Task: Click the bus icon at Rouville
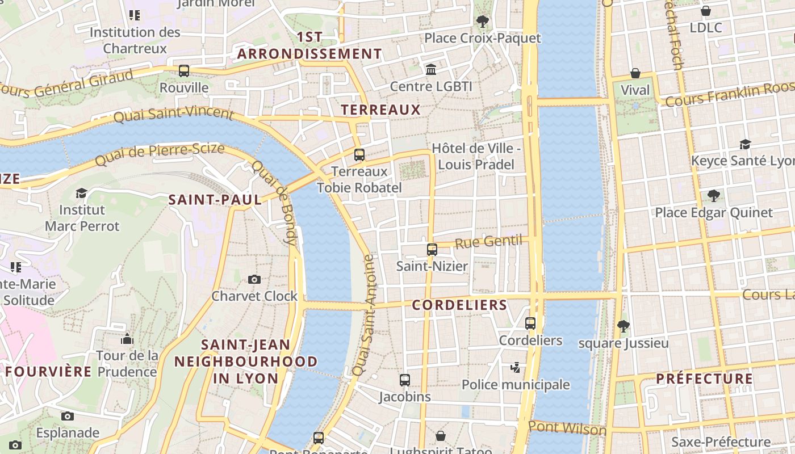point(184,71)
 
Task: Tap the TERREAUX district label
point(380,110)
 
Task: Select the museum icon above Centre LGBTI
point(431,69)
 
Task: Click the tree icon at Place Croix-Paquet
point(483,22)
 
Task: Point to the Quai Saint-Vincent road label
point(174,113)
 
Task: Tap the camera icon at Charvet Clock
point(254,279)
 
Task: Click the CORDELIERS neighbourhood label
point(459,305)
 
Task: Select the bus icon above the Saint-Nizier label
point(432,249)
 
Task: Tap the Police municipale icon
point(516,368)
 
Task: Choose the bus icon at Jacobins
point(405,380)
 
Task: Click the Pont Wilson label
point(567,428)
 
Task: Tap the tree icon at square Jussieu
point(624,326)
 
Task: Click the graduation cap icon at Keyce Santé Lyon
point(745,145)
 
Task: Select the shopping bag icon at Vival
point(635,73)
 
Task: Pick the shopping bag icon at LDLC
point(706,11)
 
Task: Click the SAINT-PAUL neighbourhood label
point(215,200)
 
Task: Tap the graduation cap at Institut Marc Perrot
point(82,194)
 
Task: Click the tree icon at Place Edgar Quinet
point(714,196)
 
